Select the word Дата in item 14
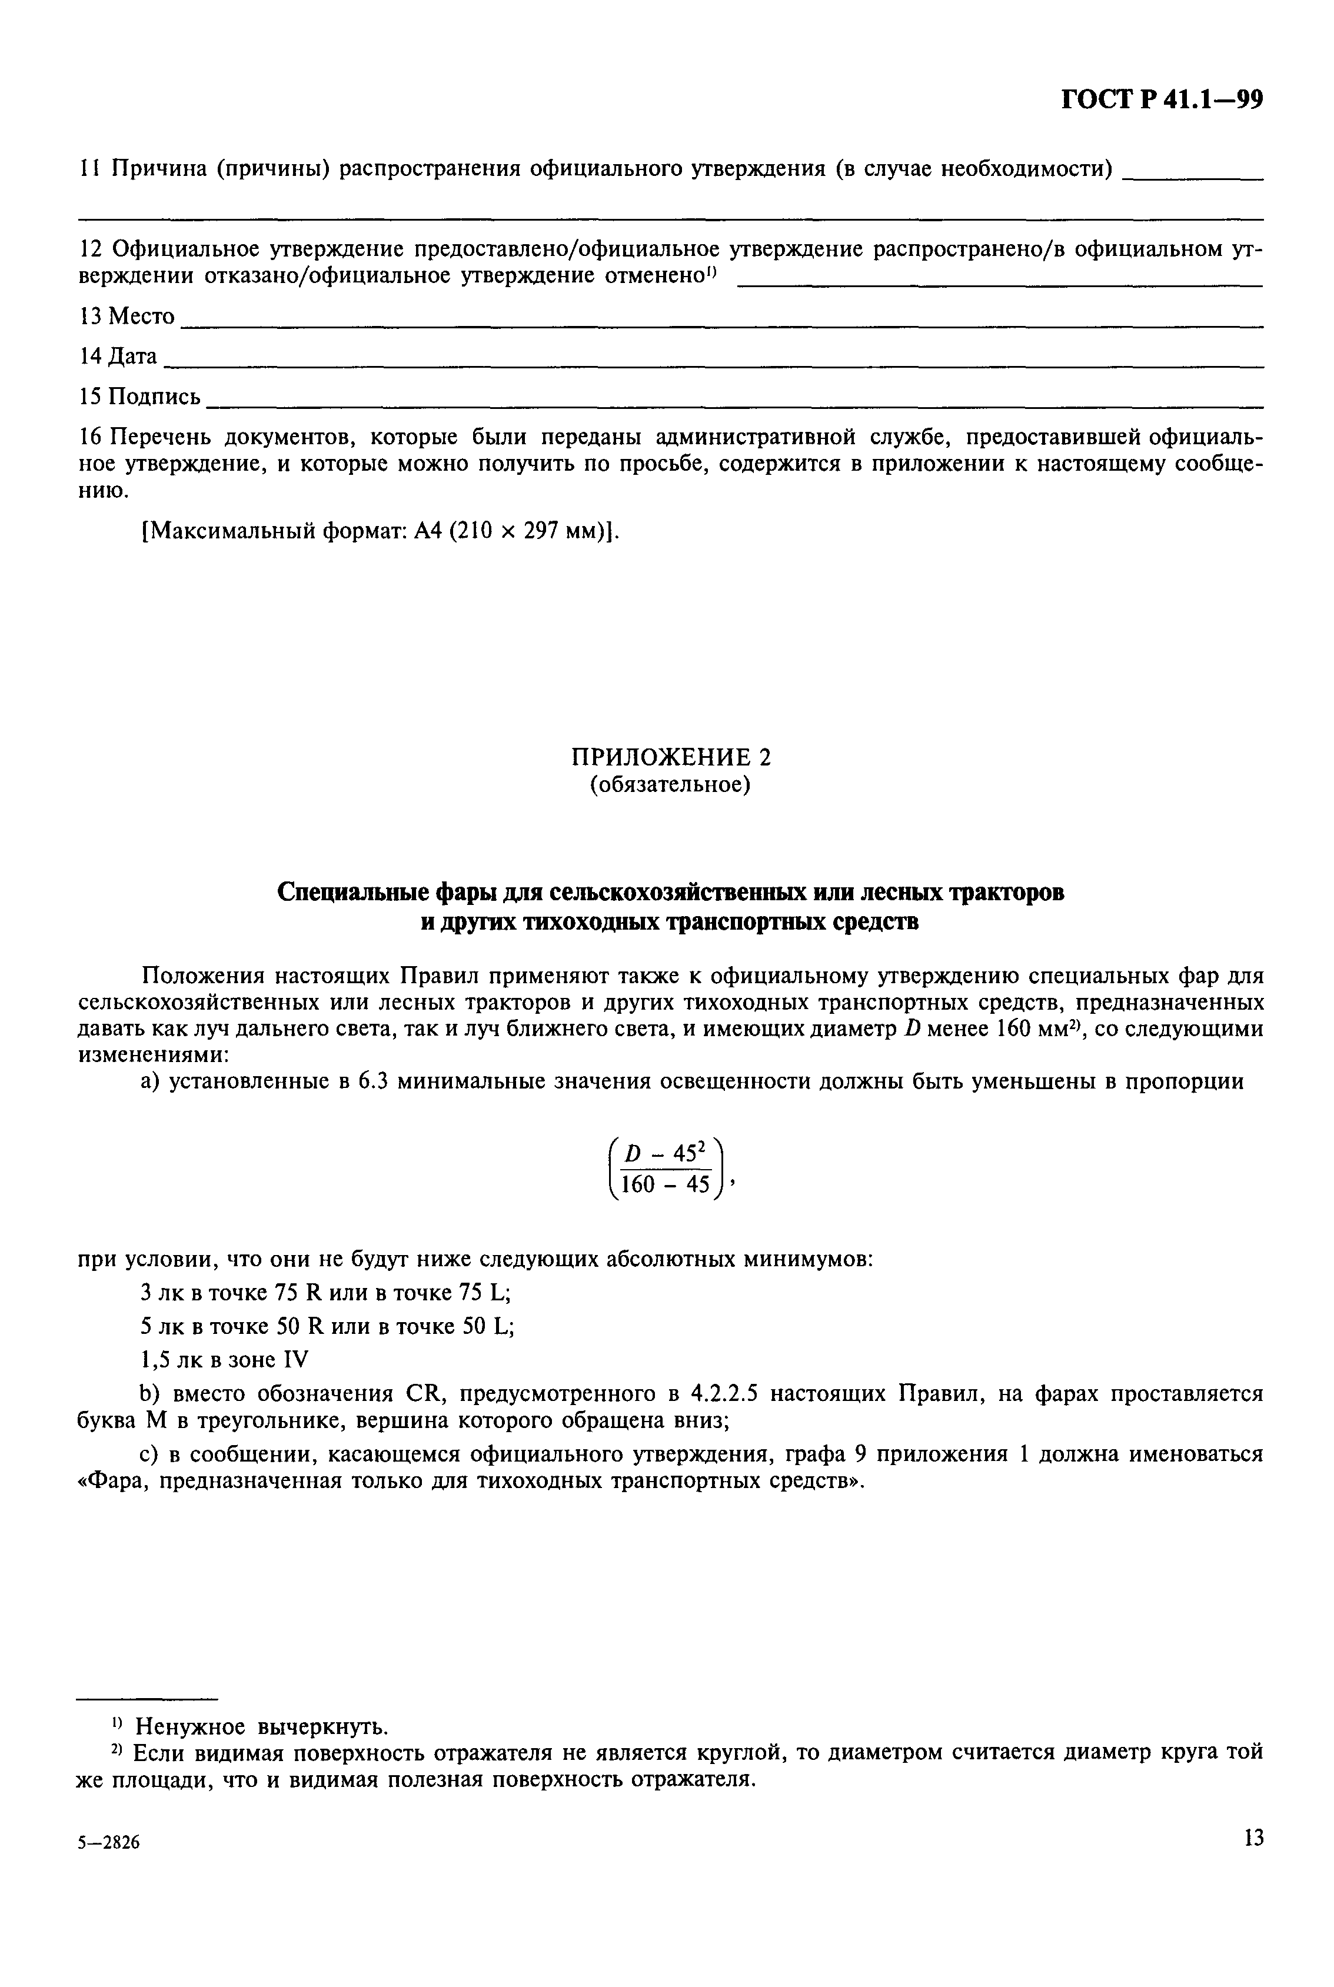click(133, 357)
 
